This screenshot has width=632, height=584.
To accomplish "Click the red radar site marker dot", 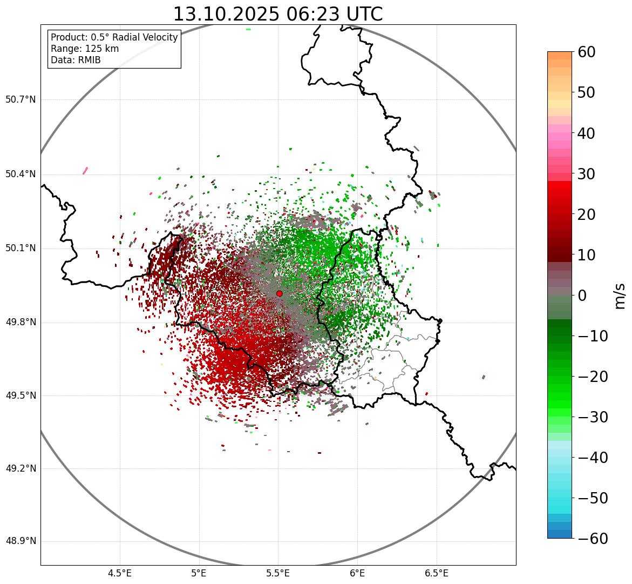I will coord(279,293).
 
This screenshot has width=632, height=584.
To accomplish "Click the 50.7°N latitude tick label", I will coord(21,100).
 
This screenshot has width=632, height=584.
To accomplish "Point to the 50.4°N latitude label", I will coord(21,174).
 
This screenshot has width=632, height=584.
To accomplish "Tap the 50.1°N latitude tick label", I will coord(21,249).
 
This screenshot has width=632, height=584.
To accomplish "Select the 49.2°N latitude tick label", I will coord(21,468).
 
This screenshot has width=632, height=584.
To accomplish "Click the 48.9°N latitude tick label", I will coord(21,541).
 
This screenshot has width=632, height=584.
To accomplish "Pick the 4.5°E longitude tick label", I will coord(120,573).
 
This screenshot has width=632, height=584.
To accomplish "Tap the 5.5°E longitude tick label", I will coord(278,573).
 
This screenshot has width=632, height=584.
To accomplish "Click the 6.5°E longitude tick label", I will coord(436,573).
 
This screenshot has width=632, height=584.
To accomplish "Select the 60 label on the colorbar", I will coord(587,52).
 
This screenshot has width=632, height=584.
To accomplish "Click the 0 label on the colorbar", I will coord(582,296).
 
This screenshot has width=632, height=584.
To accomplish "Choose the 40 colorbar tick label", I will coord(587,133).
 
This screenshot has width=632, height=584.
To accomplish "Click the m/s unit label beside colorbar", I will coord(620,295).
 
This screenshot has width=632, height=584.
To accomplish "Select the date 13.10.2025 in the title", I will coord(226,15).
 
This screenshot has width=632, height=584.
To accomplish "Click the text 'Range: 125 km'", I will coord(85,49).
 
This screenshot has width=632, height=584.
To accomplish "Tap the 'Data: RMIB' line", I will coord(76,60).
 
